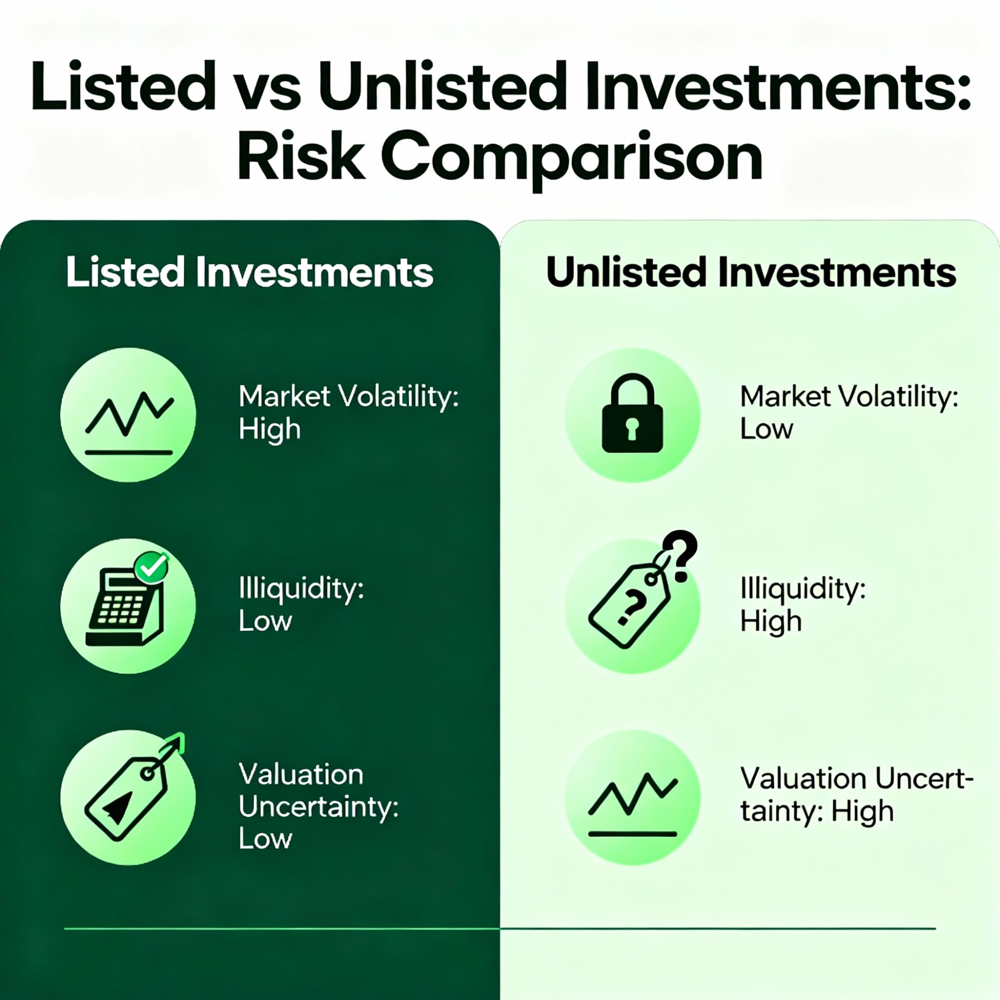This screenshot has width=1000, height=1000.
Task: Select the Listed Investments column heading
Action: coord(250,271)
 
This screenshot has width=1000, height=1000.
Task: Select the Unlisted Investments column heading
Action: coord(751,271)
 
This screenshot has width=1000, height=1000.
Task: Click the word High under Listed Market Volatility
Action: coord(270,429)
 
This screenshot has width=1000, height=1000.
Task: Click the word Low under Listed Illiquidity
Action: coord(265,621)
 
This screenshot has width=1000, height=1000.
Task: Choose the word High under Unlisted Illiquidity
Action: coord(771,621)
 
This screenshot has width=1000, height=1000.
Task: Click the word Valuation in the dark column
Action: coord(301,774)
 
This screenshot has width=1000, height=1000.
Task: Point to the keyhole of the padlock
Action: coord(631,428)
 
